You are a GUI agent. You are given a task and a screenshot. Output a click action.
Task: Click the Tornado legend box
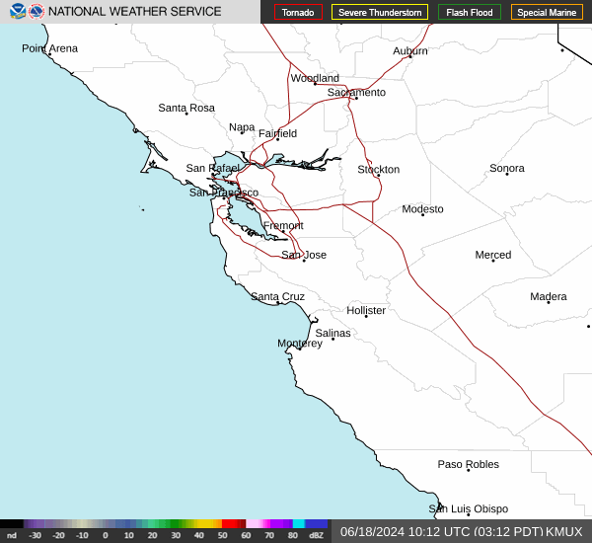pos(298,12)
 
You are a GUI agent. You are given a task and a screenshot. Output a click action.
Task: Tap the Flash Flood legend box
pos(469,12)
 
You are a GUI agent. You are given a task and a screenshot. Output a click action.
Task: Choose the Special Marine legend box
pos(547,12)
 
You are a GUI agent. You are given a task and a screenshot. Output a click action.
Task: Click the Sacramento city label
pos(356,92)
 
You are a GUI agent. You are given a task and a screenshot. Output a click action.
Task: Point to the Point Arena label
pos(49,48)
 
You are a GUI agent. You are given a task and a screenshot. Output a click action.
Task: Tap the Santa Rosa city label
pos(186,108)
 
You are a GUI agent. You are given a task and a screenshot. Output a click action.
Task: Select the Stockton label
pos(378,169)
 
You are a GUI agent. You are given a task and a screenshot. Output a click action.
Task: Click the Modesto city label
pos(422,208)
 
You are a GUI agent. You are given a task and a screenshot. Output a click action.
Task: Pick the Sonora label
pos(507,168)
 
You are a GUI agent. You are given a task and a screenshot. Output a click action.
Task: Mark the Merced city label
pos(493,255)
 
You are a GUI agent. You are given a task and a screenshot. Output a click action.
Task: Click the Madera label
pos(549,296)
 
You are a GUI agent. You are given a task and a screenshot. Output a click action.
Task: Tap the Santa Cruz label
pos(277,296)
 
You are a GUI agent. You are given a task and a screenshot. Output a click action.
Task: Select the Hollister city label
pos(366,310)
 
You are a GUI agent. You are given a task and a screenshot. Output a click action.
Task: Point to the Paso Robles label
pos(469,464)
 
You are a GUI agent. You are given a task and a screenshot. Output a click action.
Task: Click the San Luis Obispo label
pos(468,508)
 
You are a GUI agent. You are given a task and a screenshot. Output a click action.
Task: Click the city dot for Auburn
pos(410,56)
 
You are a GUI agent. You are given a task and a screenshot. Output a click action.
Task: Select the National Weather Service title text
pos(135,12)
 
